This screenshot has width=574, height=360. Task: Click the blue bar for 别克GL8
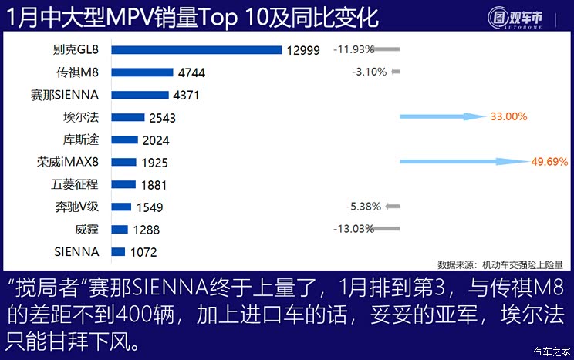pos(197,50)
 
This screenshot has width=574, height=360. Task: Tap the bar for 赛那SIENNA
pos(140,95)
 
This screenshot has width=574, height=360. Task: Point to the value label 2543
pos(163,118)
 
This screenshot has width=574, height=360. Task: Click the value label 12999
pos(302,50)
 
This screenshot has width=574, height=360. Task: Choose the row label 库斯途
pos(81,140)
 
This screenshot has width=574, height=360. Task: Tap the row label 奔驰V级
pos(78,207)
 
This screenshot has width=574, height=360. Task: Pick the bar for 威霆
pos(120,229)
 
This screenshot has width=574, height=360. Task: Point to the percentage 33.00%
pos(508,117)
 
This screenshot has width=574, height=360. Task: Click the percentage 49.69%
pos(549,162)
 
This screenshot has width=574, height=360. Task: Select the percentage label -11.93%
pos(353,49)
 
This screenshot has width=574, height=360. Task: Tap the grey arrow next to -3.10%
pos(396,72)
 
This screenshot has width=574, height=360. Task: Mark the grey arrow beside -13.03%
pos(389,228)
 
